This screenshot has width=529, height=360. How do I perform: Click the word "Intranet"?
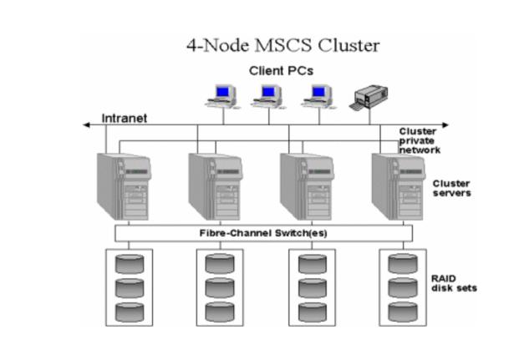point(125,119)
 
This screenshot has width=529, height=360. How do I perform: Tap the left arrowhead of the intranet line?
point(87,125)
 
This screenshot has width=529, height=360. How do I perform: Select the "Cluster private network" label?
point(420,140)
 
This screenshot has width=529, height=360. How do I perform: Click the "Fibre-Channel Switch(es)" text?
point(263,233)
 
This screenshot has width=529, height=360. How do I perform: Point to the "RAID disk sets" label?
point(454,284)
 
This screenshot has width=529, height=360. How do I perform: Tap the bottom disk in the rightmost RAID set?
point(402,313)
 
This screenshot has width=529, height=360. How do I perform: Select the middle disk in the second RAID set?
point(221,289)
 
